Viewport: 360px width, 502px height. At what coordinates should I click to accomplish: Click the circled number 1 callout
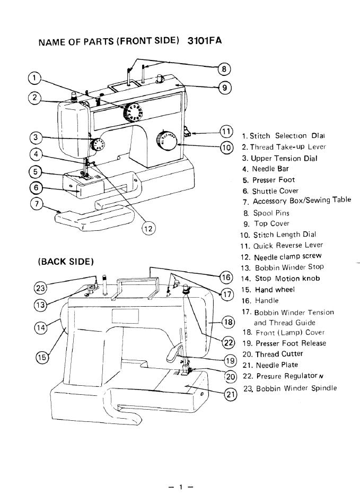click(34, 78)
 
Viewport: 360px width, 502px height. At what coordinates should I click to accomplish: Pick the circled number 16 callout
click(226, 278)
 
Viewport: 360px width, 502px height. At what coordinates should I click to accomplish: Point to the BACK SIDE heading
click(66, 261)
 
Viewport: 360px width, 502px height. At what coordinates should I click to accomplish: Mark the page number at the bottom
click(180, 487)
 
